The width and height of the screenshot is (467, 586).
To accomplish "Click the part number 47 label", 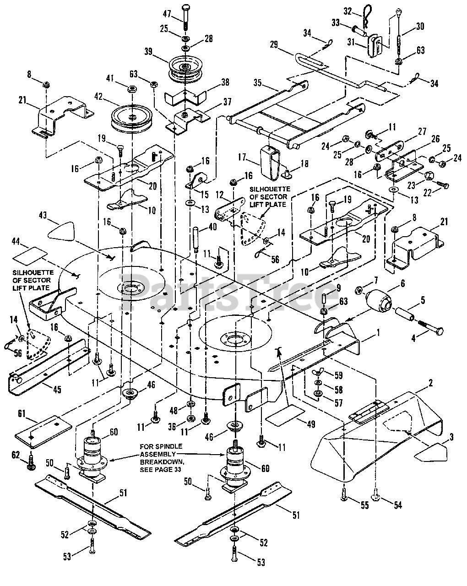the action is coord(167,14).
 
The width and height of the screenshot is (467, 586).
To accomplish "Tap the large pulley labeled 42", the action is coord(132,119).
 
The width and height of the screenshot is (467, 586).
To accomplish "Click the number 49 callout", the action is coord(311,424).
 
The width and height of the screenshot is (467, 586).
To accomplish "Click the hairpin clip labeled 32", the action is coord(367,15).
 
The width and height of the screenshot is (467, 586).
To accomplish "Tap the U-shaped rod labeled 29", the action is coord(340,73).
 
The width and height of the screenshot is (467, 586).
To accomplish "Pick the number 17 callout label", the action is coord(242,157).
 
